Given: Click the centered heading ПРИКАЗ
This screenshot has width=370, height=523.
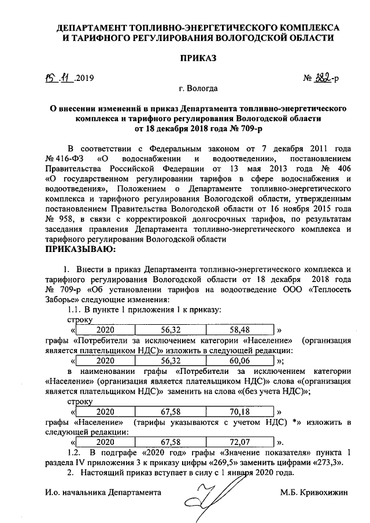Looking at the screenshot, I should (x=197, y=58).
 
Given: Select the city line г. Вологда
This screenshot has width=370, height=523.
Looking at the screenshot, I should (x=198, y=89).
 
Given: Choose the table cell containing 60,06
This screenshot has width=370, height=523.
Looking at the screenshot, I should (x=239, y=359).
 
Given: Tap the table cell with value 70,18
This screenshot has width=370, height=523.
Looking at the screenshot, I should (x=239, y=412).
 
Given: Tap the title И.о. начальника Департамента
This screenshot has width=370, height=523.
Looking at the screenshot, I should (x=102, y=492).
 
